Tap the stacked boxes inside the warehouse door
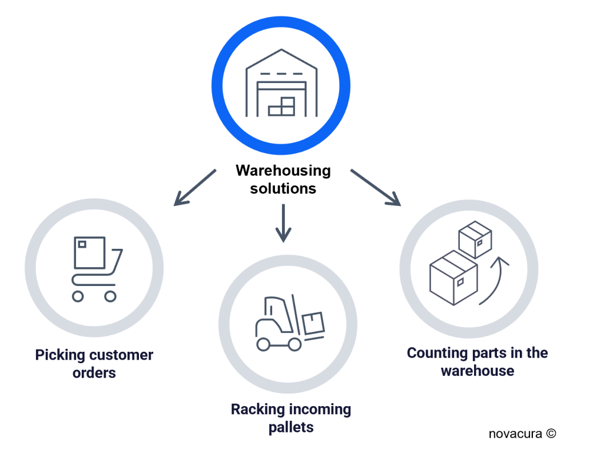click(x=282, y=107)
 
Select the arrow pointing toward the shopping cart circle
click(x=195, y=187)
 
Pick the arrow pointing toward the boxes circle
click(x=375, y=187)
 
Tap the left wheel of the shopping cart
click(x=78, y=296)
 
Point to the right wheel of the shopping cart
click(x=110, y=296)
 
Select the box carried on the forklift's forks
click(x=313, y=323)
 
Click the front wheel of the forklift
click(x=294, y=344)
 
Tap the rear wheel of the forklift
click(x=263, y=344)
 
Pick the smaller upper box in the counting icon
click(x=476, y=240)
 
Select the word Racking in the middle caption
click(x=257, y=410)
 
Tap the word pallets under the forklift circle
click(x=291, y=427)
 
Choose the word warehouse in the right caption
click(x=477, y=371)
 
